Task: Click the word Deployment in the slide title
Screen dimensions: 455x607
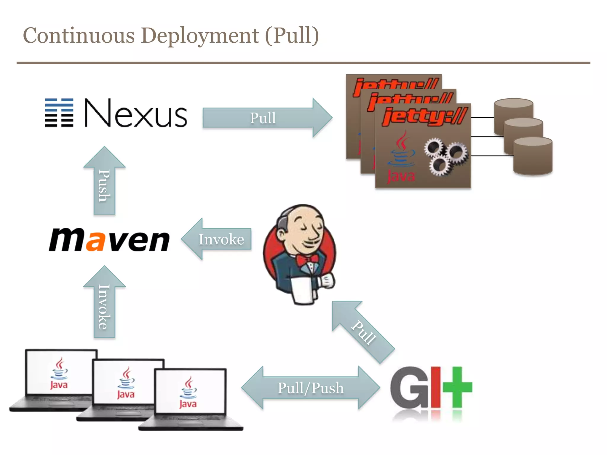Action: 199,36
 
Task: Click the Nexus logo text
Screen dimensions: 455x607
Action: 136,113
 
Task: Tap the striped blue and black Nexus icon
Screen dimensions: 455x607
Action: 59,113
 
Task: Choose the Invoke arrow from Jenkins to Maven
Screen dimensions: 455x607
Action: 218,239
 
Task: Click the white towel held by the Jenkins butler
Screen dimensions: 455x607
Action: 303,290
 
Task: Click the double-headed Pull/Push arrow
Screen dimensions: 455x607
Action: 311,388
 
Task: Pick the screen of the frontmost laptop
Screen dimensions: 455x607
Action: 190,391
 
